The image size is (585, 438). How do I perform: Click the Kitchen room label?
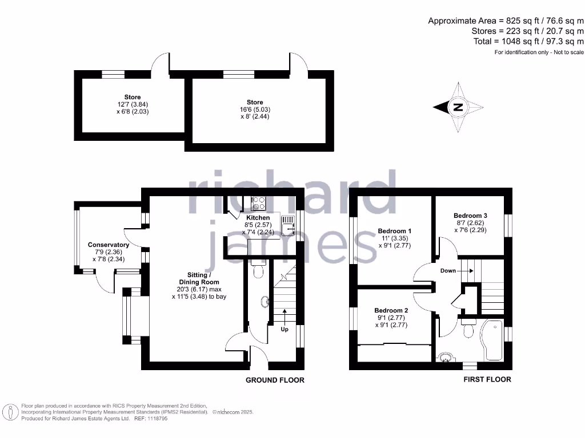pos(258,218)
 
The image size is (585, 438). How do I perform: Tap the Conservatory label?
pos(109,245)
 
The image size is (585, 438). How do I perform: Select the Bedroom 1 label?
pos(395,231)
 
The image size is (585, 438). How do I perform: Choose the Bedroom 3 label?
pos(470,216)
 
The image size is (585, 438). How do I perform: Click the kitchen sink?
pos(288,226)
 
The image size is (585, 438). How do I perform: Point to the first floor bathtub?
pos(492,340)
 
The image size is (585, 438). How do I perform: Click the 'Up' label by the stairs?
pos(285,329)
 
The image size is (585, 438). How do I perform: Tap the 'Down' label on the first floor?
pos(448,270)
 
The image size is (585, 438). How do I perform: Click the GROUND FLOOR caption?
pos(275,380)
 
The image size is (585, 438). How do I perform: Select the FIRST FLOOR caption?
pos(487,379)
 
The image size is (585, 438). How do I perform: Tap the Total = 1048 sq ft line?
pos(528,41)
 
